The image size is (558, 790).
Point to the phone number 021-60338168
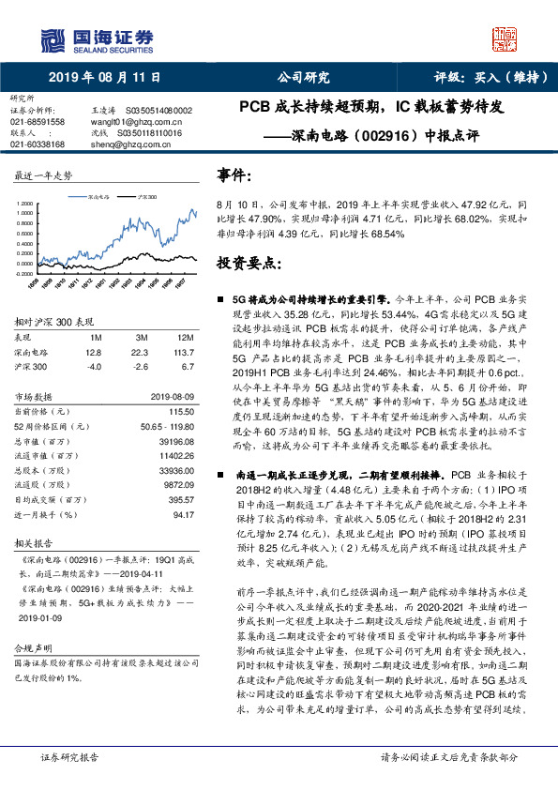pyautogui.click(x=38, y=144)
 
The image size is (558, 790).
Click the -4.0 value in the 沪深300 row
pyautogui.click(x=93, y=367)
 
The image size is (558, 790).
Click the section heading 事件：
pyautogui.click(x=234, y=175)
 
